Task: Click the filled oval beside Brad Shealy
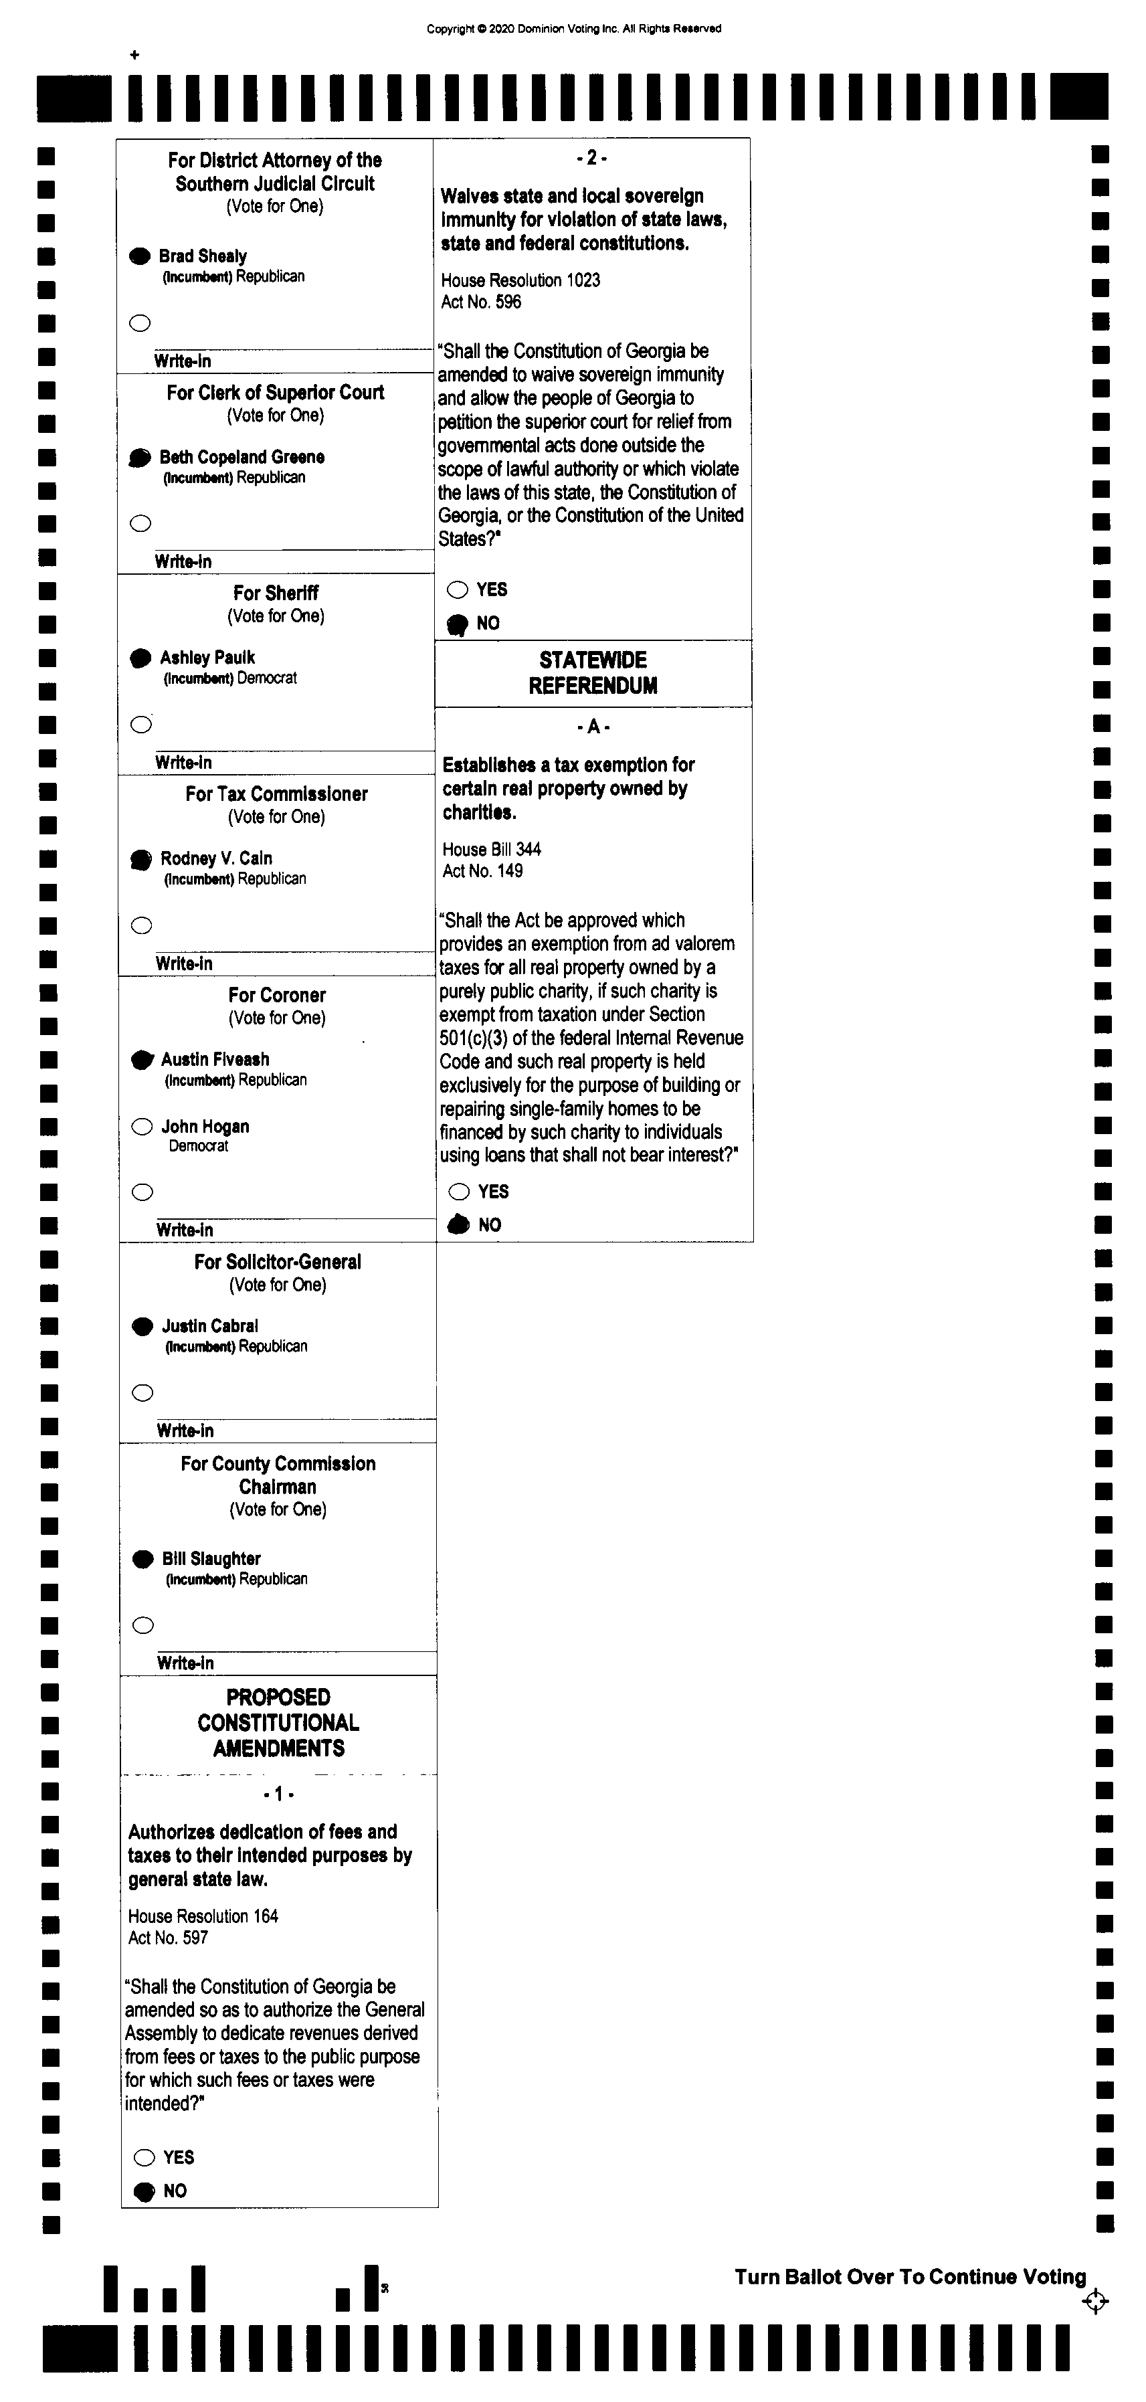tap(139, 256)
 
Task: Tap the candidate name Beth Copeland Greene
tap(242, 457)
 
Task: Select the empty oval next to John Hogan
tap(142, 1127)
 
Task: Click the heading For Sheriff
tap(276, 593)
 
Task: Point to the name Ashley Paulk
tap(207, 658)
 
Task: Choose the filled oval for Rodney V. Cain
tap(140, 859)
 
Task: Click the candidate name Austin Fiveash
tap(215, 1059)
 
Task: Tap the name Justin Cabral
tap(210, 1326)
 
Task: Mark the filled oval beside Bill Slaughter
tap(142, 1559)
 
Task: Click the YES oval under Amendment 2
tap(457, 589)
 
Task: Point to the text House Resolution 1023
tap(520, 280)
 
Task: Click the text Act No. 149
tap(482, 871)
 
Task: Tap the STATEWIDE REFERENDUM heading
tap(593, 673)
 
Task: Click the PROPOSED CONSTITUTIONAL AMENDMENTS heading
tap(278, 1723)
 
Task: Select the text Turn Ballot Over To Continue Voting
tap(910, 2277)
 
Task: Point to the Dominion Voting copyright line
tap(573, 29)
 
